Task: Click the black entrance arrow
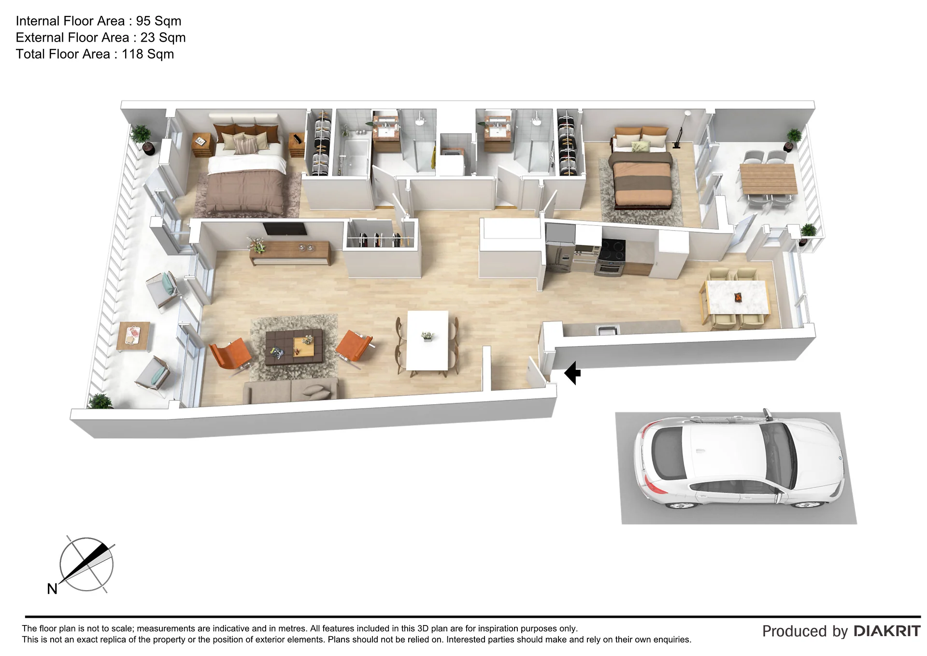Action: pyautogui.click(x=572, y=373)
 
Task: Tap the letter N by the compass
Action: pyautogui.click(x=52, y=589)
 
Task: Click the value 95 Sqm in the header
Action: pyautogui.click(x=158, y=21)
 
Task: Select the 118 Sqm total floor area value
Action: pyautogui.click(x=148, y=54)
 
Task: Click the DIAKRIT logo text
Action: pyautogui.click(x=887, y=631)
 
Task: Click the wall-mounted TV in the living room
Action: pyautogui.click(x=285, y=229)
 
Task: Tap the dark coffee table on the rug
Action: pyautogui.click(x=294, y=346)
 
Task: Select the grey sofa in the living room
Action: pyautogui.click(x=290, y=390)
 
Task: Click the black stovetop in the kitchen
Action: pyautogui.click(x=613, y=250)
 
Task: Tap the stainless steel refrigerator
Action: pyautogui.click(x=560, y=249)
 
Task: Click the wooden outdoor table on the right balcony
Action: pyautogui.click(x=768, y=179)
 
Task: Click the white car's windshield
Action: pyautogui.click(x=778, y=454)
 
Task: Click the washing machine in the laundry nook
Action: pyautogui.click(x=452, y=160)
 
